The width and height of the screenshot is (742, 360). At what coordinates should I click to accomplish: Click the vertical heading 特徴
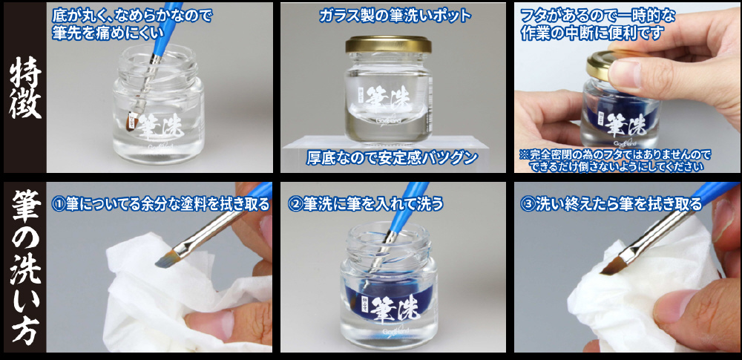point(25,88)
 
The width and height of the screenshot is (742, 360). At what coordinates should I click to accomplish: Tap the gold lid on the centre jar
point(388,45)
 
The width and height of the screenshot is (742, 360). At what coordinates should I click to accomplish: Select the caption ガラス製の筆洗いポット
point(395,16)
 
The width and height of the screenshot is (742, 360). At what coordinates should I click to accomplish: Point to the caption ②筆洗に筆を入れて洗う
point(365,203)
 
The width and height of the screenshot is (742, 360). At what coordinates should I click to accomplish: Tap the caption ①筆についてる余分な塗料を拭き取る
point(160,203)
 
